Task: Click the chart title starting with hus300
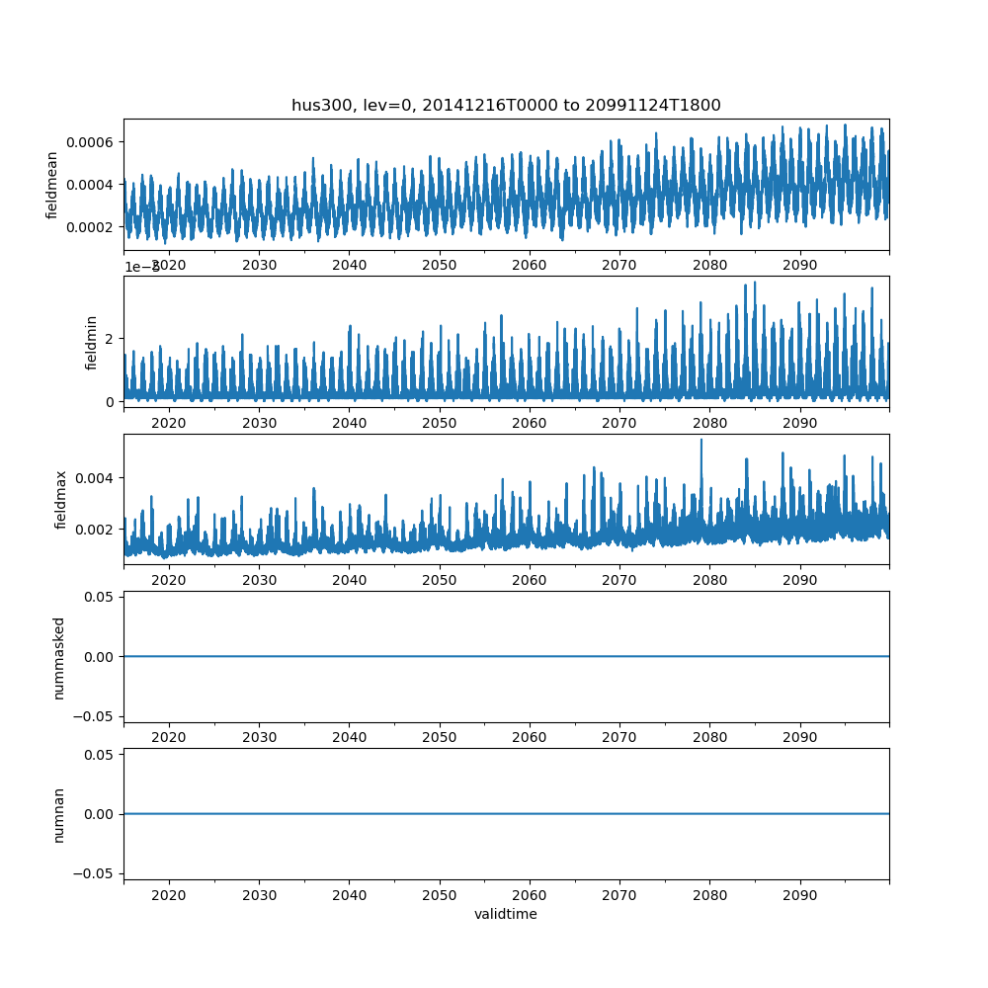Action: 506,105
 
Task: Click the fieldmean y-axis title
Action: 52,185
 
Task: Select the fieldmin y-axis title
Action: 92,343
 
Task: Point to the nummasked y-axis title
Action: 58,657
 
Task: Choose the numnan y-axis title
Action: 58,814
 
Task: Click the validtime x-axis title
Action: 506,915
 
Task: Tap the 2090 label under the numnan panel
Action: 799,895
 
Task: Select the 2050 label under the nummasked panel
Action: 440,738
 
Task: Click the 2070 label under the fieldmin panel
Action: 619,423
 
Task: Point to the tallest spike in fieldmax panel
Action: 701,441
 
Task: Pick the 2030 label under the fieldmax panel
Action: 259,580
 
